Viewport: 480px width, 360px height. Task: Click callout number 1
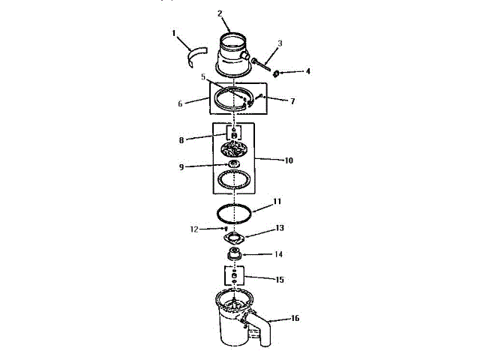(173, 33)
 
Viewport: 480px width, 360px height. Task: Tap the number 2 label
(220, 13)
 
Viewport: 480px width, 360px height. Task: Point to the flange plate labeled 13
(235, 239)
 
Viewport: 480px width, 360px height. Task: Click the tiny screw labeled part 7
(260, 95)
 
